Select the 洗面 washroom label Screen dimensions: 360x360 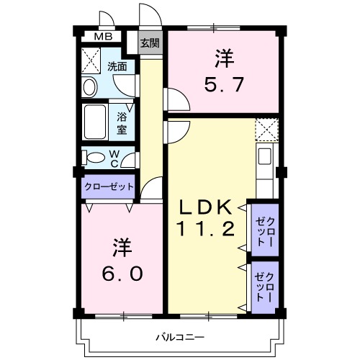coord(117,67)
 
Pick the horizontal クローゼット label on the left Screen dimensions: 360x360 coord(109,186)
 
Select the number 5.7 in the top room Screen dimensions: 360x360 coord(224,85)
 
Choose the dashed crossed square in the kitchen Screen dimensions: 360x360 coord(266,130)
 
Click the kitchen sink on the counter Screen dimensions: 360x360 coord(264,156)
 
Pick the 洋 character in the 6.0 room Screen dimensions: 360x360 coord(120,248)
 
